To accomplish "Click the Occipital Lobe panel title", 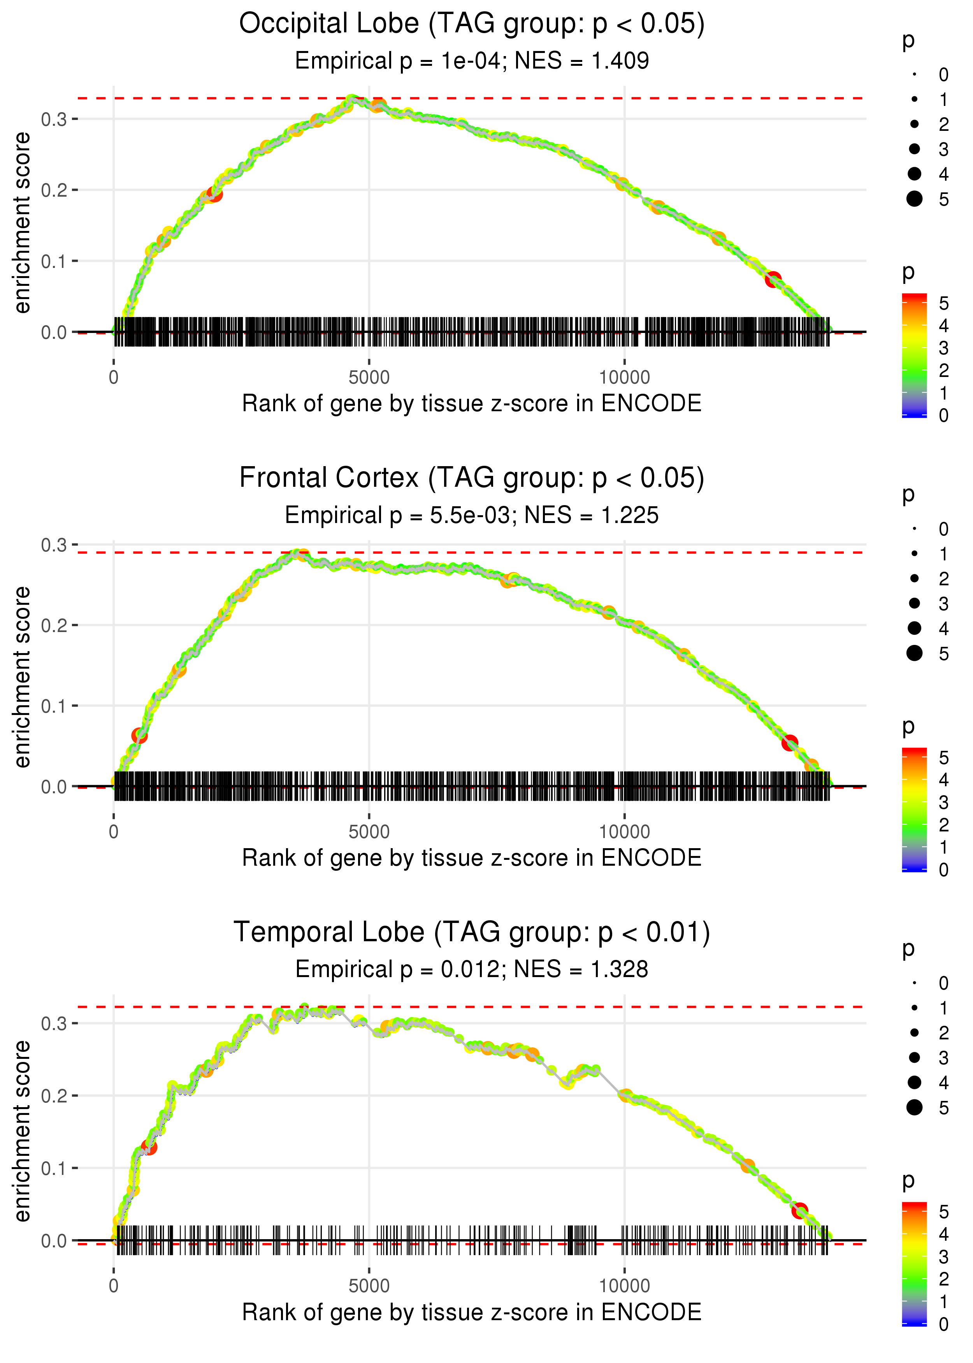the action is [x=472, y=24].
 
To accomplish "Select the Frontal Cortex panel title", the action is [x=472, y=478].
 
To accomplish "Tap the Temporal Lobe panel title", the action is [x=472, y=933].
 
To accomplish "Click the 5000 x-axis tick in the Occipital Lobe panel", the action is [x=369, y=378].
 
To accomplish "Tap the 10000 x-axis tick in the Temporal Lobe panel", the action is [x=624, y=1286].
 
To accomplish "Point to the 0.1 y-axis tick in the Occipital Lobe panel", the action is [x=54, y=261].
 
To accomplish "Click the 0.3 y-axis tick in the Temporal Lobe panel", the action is [x=54, y=1023].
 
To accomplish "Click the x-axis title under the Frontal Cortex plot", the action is [x=472, y=858].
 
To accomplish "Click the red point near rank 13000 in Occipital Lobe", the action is [x=773, y=279].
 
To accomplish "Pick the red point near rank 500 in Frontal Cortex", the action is [x=139, y=736].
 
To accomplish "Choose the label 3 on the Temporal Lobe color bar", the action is [x=944, y=1256].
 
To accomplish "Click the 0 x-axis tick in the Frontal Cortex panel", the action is [x=114, y=832].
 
